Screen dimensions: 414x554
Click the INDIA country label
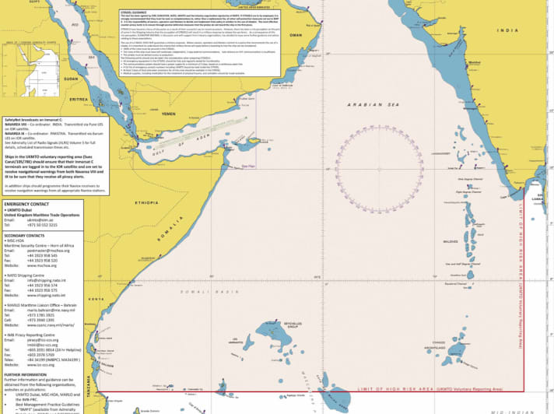point(506,30)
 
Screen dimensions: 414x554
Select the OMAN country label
point(295,35)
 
